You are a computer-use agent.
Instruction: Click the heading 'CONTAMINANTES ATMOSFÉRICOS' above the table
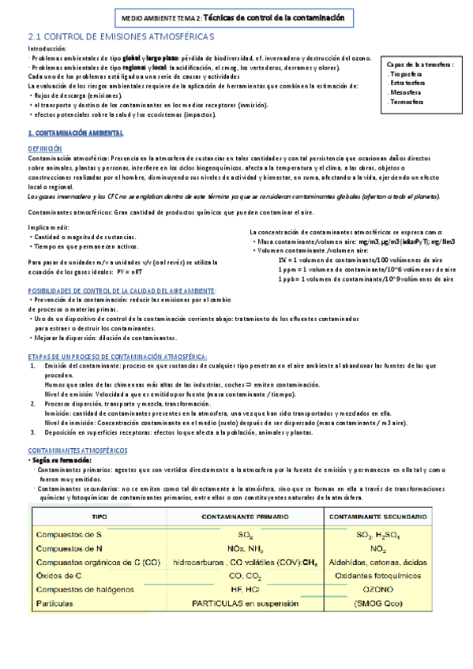[x=77, y=450]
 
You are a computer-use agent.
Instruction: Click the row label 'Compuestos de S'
[x=69, y=535]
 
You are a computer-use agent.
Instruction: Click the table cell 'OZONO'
[x=377, y=589]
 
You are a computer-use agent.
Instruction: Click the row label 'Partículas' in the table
[x=56, y=604]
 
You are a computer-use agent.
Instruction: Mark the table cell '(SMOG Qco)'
[x=377, y=604]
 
